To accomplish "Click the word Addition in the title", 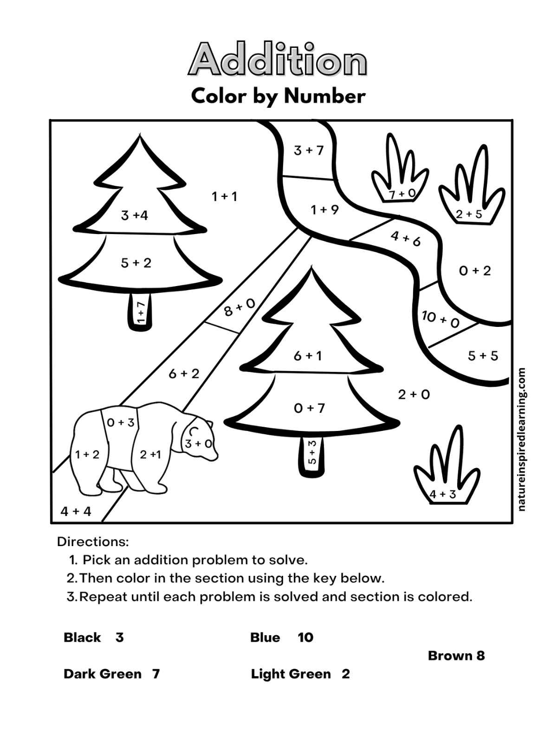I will point(278,59).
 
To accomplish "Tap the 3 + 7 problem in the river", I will point(309,150).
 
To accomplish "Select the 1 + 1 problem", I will point(225,196).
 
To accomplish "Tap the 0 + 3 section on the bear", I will point(121,423).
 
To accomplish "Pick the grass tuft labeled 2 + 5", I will point(469,214).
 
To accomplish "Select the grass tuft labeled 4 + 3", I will point(443,494).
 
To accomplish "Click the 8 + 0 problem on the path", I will point(240,307).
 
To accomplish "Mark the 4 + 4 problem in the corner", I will point(76,511).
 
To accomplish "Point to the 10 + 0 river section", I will point(440,319).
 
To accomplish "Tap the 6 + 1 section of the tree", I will point(308,356).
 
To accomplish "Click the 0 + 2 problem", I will point(475,271).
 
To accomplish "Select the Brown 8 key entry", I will point(456,656).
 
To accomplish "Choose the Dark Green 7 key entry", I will point(111,674).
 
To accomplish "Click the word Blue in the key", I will point(265,637).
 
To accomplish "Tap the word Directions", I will point(93,541).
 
